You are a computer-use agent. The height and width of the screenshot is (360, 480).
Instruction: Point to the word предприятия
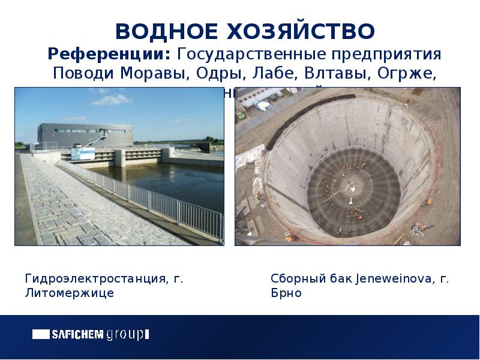(386, 55)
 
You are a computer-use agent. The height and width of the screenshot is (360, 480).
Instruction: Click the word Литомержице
(69, 293)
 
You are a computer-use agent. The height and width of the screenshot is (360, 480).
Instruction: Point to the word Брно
(286, 293)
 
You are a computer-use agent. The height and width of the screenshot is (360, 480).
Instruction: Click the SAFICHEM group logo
(90, 334)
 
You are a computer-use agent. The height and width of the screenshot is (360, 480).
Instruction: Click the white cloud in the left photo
(111, 99)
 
